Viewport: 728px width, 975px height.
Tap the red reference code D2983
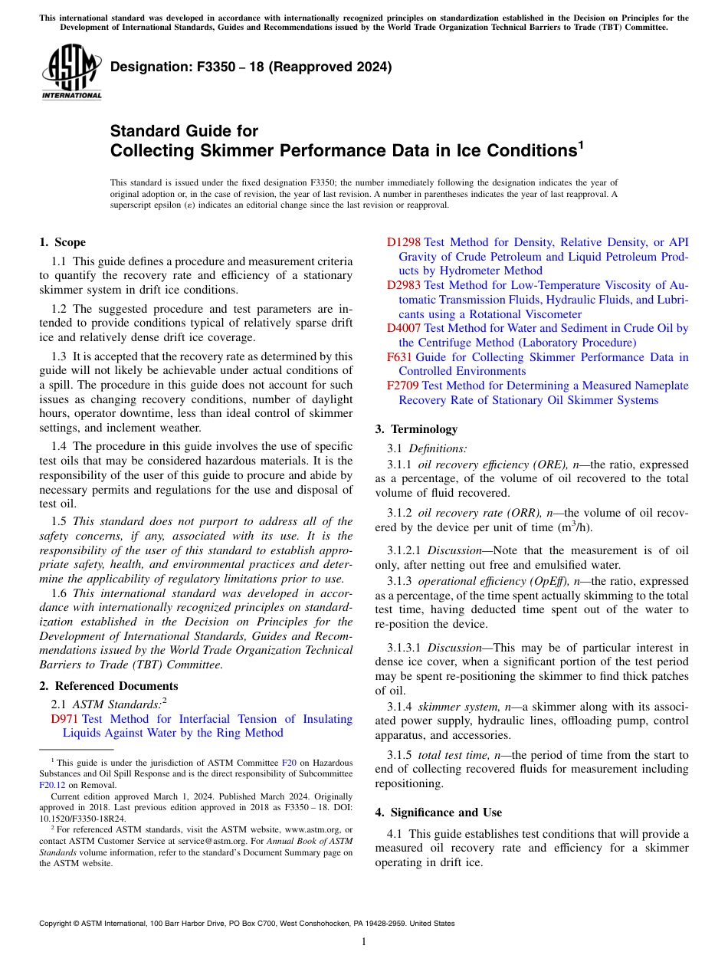pyautogui.click(x=404, y=285)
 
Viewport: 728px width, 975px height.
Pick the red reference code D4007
pyautogui.click(x=404, y=328)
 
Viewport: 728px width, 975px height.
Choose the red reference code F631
pyautogui.click(x=400, y=357)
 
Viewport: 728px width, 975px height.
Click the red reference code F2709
pyautogui.click(x=403, y=386)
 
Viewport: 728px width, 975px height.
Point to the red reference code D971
pyautogui.click(x=64, y=719)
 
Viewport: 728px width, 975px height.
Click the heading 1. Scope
pyautogui.click(x=62, y=242)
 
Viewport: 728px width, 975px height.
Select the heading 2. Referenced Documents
pyautogui.click(x=109, y=686)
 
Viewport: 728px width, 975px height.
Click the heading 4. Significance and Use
pyautogui.click(x=438, y=812)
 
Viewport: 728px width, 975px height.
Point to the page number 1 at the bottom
pyautogui.click(x=364, y=942)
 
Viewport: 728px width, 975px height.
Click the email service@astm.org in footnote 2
pyautogui.click(x=217, y=841)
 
